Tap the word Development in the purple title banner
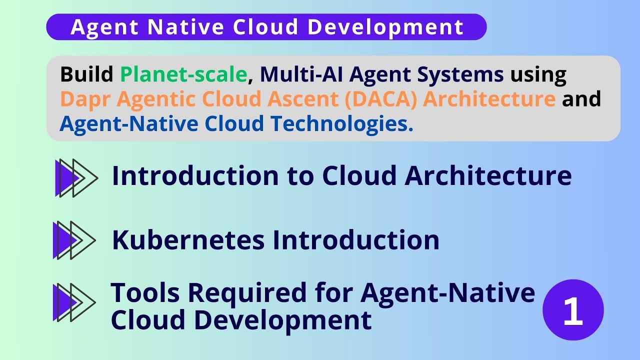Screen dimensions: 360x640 click(x=385, y=27)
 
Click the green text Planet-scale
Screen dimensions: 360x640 click(x=184, y=75)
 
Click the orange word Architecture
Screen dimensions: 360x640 click(x=489, y=99)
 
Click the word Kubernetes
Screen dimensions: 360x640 click(x=188, y=240)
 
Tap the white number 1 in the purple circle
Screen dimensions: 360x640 click(x=573, y=310)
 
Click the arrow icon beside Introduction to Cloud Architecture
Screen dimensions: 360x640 click(x=76, y=177)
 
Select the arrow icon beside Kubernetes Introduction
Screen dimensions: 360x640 click(x=74, y=240)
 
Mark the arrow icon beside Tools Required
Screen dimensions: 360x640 click(x=74, y=302)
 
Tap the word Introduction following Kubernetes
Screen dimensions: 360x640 click(x=355, y=240)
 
